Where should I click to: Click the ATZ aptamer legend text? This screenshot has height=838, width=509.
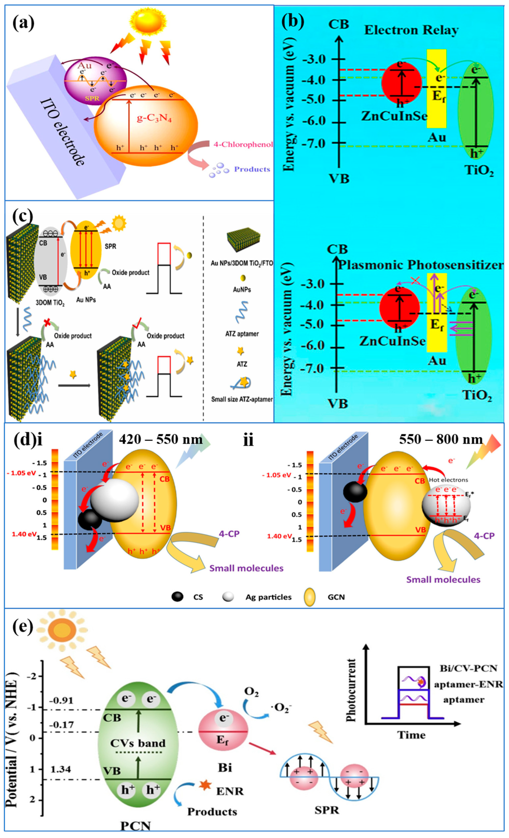[242, 334]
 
